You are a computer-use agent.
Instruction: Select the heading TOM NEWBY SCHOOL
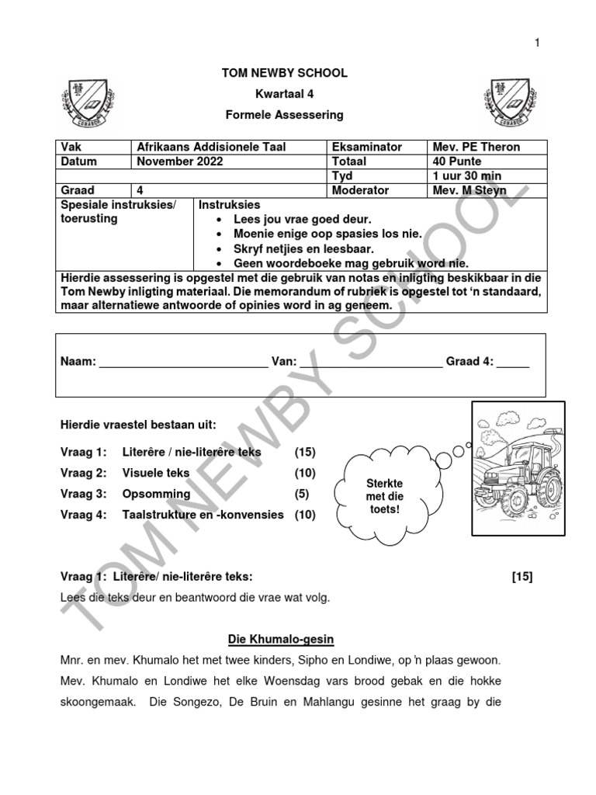point(285,73)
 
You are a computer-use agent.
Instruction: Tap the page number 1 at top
point(535,43)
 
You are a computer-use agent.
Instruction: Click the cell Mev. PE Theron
point(476,147)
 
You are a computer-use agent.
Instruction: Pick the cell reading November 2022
point(179,161)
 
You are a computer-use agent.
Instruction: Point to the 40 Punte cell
point(458,161)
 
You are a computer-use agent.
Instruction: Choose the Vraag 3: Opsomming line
point(125,494)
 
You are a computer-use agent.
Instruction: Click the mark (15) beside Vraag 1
point(305,452)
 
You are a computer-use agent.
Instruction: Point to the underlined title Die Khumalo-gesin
point(280,639)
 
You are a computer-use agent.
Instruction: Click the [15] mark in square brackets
point(522,576)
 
